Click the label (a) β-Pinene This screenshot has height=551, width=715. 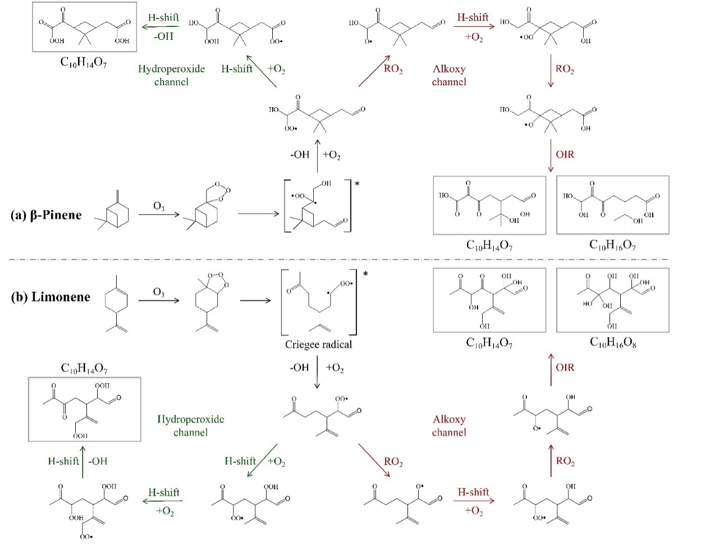pos(46,215)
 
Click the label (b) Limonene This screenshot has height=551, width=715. pos(51,297)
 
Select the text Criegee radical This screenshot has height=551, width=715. pos(318,344)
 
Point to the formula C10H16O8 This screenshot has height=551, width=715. pos(613,342)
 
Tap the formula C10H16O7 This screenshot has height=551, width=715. pos(612,245)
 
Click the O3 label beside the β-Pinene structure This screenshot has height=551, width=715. pos(159,206)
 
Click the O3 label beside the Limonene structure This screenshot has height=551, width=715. pos(159,292)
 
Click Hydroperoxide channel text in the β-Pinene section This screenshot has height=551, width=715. pos(171,75)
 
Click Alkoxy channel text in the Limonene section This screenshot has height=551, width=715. pos(449,425)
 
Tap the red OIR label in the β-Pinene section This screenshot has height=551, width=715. pos(565,154)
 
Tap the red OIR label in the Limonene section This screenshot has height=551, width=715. pos(565,367)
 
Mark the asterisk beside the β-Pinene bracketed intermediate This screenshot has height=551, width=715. pos(357,183)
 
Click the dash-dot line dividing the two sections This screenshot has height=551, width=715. pos(359,260)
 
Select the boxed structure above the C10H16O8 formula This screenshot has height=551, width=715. pos(612,300)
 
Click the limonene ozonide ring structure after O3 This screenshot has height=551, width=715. pos(209,303)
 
